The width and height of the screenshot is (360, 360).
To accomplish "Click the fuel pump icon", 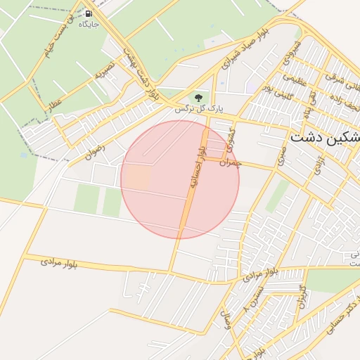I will (x=89, y=13).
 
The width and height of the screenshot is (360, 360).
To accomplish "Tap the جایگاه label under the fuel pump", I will (x=89, y=24).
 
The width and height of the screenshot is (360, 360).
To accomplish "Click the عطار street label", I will (x=54, y=103).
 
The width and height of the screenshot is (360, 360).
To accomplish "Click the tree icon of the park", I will (x=197, y=96).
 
